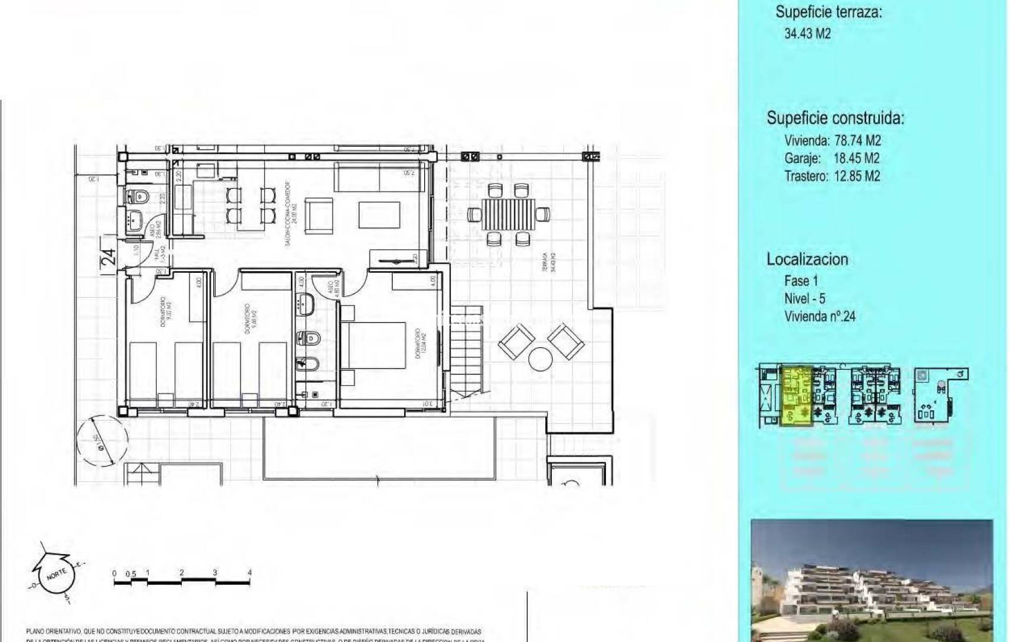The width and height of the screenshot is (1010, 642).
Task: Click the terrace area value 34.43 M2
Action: pyautogui.click(x=807, y=34)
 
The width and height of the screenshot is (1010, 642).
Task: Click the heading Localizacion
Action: pyautogui.click(x=807, y=260)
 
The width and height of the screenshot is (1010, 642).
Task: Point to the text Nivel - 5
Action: pyautogui.click(x=804, y=298)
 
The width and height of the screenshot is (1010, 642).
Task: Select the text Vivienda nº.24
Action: pyautogui.click(x=819, y=316)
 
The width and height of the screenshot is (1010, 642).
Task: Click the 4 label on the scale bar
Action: pyautogui.click(x=250, y=573)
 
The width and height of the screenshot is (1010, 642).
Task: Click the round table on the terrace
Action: pyautogui.click(x=541, y=360)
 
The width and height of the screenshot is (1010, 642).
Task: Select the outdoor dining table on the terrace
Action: pyautogui.click(x=508, y=214)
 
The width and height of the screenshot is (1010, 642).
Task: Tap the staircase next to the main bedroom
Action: pyautogui.click(x=467, y=351)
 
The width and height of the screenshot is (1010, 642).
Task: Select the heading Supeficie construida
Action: pyautogui.click(x=835, y=118)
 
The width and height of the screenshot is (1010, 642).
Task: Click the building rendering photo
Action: pyautogui.click(x=872, y=580)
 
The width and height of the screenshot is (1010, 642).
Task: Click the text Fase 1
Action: pyautogui.click(x=801, y=281)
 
